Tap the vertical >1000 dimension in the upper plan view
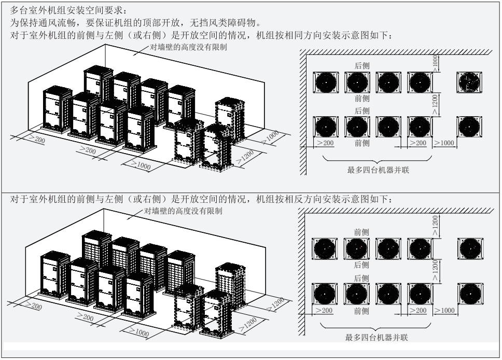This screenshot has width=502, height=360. [436, 62]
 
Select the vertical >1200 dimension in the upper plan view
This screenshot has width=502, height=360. [436, 103]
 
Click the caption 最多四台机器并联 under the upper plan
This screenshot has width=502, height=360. [378, 170]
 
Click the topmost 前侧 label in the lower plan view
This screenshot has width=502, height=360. [361, 232]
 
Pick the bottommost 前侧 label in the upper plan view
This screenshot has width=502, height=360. [362, 143]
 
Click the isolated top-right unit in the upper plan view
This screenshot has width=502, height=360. [470, 82]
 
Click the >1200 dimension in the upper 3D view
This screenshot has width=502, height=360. [246, 158]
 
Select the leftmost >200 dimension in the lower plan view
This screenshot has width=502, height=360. [325, 310]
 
